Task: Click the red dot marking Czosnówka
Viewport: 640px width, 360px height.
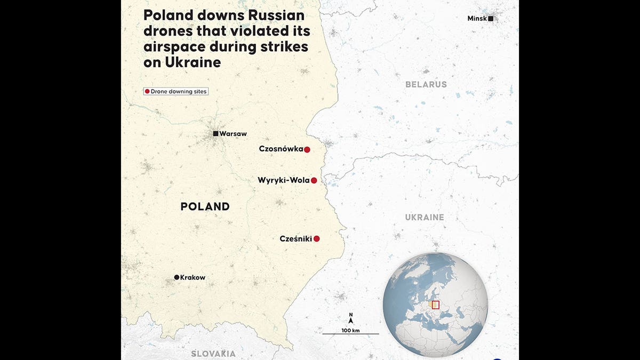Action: pyautogui.click(x=307, y=149)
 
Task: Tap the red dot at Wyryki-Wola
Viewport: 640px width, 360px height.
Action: pyautogui.click(x=314, y=180)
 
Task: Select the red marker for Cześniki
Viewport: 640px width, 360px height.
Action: pyautogui.click(x=316, y=239)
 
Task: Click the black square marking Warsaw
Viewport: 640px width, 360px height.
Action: pyautogui.click(x=215, y=133)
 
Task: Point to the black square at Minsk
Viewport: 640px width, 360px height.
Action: pyautogui.click(x=491, y=19)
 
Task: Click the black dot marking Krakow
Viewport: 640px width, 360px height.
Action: pyautogui.click(x=177, y=277)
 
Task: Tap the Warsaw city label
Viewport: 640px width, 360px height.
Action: pyautogui.click(x=233, y=134)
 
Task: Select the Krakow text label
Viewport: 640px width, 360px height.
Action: pyautogui.click(x=193, y=277)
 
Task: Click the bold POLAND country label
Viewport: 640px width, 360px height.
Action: pyautogui.click(x=205, y=206)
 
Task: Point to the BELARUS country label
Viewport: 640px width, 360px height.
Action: pyautogui.click(x=426, y=84)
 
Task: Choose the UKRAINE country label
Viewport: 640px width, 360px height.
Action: pyautogui.click(x=425, y=217)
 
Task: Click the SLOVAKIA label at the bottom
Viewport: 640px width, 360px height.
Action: pyautogui.click(x=213, y=354)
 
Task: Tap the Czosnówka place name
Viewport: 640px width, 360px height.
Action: pyautogui.click(x=281, y=149)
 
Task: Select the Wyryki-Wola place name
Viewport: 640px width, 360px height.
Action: pyautogui.click(x=283, y=180)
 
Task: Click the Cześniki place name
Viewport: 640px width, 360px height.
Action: pyautogui.click(x=295, y=239)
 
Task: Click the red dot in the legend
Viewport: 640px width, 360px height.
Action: pyautogui.click(x=147, y=91)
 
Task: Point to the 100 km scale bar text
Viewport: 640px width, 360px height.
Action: pyautogui.click(x=350, y=331)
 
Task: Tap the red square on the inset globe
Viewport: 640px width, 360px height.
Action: pyautogui.click(x=435, y=305)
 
